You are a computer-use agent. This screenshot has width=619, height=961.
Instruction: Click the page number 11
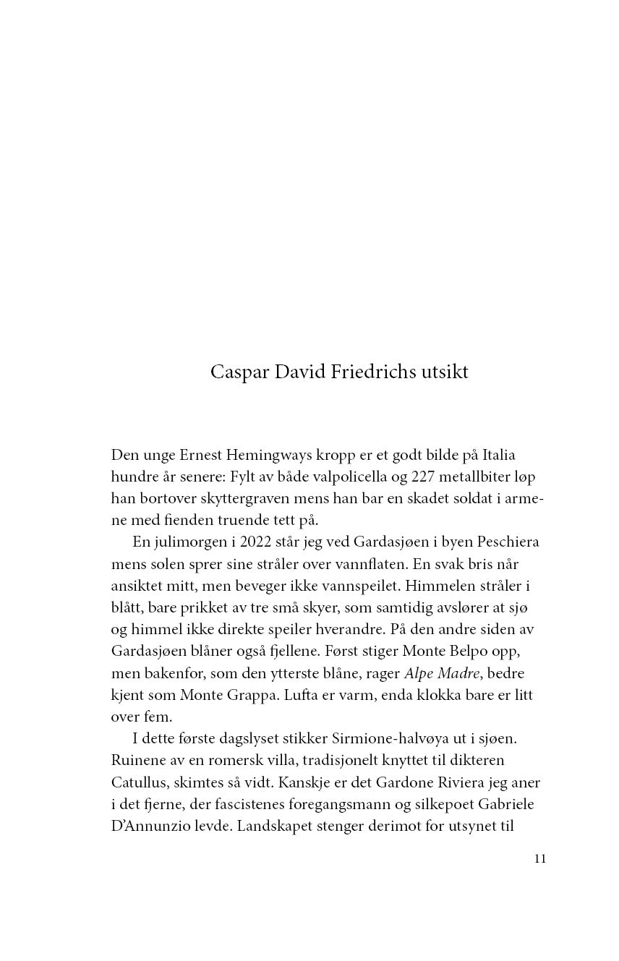[x=539, y=859]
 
